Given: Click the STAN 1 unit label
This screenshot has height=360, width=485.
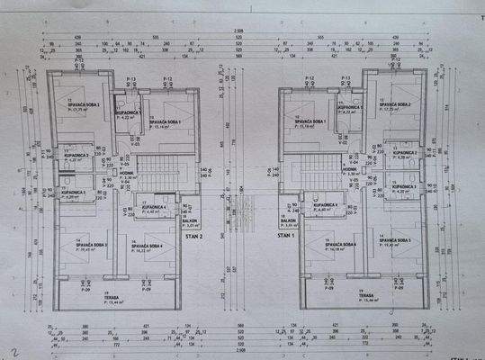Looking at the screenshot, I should click(285, 235).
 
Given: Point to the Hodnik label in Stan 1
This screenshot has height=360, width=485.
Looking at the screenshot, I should click(350, 167).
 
